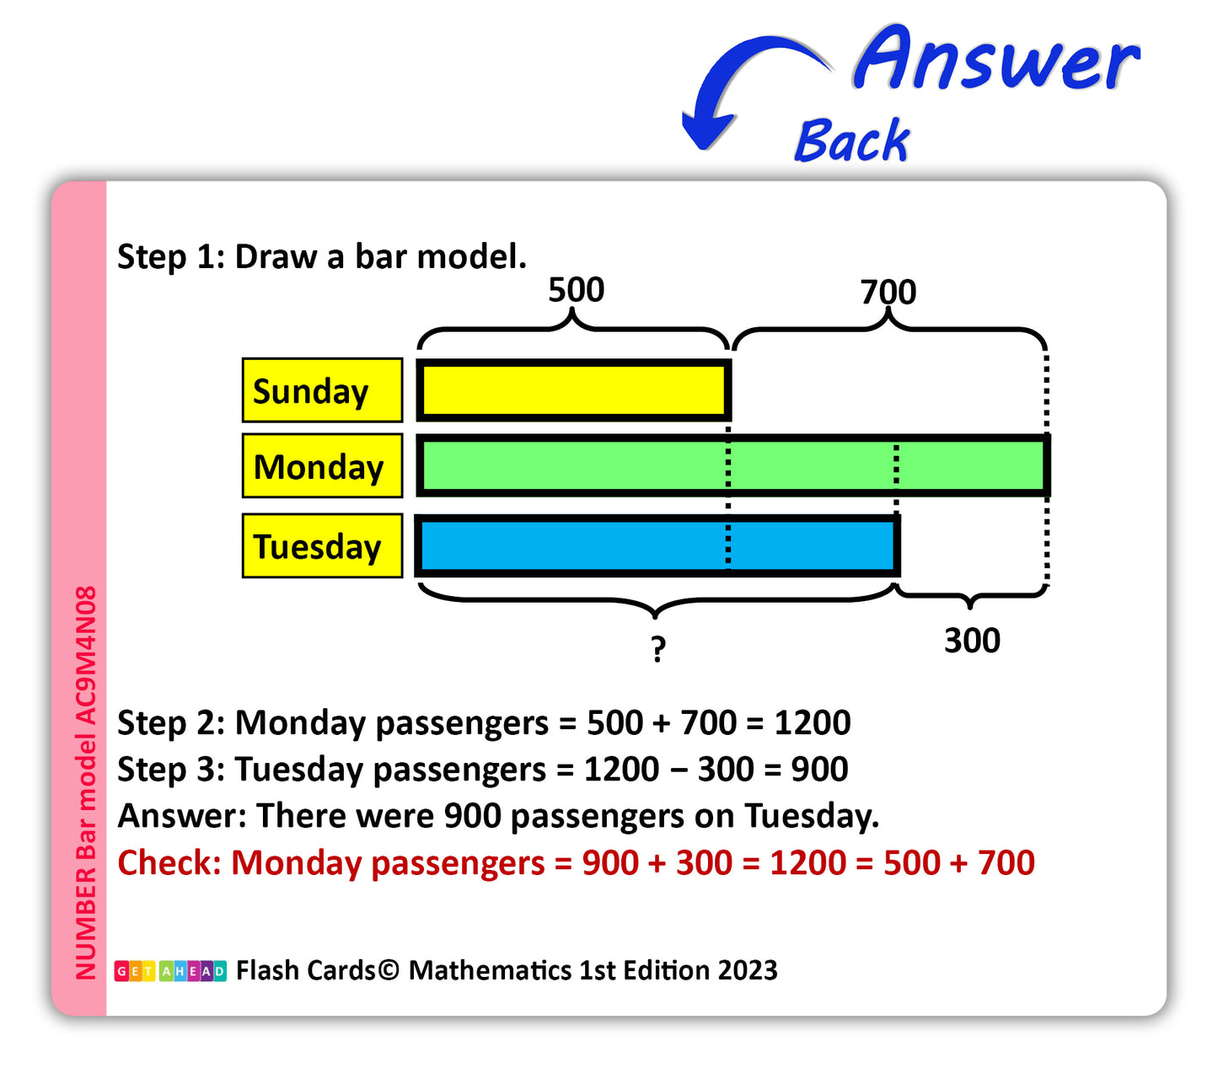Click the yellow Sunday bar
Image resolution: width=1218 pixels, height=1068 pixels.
pyautogui.click(x=573, y=389)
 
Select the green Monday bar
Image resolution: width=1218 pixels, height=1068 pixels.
pyautogui.click(x=732, y=464)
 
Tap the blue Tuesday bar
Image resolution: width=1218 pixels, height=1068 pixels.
pyautogui.click(x=657, y=545)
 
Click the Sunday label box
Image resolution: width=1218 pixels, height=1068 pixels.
pyautogui.click(x=322, y=389)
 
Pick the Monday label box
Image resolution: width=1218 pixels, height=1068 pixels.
pyautogui.click(x=322, y=465)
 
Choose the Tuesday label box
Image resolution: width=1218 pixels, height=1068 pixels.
pyautogui.click(x=322, y=545)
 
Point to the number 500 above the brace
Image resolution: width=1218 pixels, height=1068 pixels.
pyautogui.click(x=576, y=290)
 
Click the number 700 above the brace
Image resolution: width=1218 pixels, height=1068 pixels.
pyautogui.click(x=888, y=292)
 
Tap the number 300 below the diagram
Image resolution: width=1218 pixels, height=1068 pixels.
pyautogui.click(x=972, y=641)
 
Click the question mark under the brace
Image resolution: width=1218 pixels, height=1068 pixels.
pyautogui.click(x=658, y=649)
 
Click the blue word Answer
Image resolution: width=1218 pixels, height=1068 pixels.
pyautogui.click(x=996, y=58)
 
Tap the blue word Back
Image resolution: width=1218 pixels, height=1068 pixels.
pyautogui.click(x=851, y=140)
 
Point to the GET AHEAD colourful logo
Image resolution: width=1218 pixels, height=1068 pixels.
pyautogui.click(x=170, y=970)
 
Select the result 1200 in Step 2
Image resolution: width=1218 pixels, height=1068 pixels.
pyautogui.click(x=813, y=722)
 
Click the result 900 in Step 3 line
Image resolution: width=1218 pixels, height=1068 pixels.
pyautogui.click(x=819, y=769)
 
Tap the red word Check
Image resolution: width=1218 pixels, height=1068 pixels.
pyautogui.click(x=169, y=862)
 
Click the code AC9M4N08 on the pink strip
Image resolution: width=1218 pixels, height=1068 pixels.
pyautogui.click(x=85, y=656)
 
